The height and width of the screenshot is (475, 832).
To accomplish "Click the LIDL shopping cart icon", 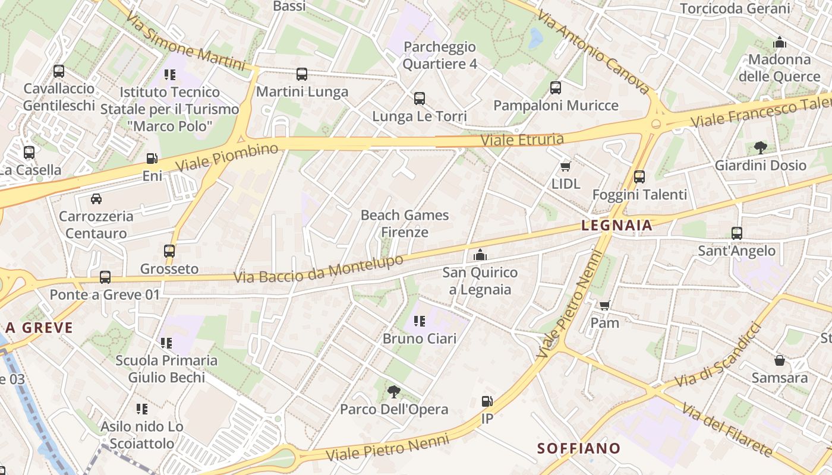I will pyautogui.click(x=565, y=167).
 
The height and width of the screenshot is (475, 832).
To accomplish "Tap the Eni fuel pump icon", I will pyautogui.click(x=152, y=159).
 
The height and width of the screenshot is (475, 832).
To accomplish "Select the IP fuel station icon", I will pyautogui.click(x=487, y=401).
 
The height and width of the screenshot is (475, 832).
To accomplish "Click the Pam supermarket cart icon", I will pyautogui.click(x=604, y=306).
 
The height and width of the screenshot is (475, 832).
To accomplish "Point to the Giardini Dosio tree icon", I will pyautogui.click(x=760, y=148).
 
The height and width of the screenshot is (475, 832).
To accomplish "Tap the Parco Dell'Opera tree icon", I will pyautogui.click(x=393, y=391).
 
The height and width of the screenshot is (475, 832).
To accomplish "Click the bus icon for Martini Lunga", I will pyautogui.click(x=302, y=74).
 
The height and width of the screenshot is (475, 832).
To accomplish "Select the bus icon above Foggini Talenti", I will pyautogui.click(x=639, y=177).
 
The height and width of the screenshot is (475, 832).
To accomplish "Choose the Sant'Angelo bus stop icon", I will pyautogui.click(x=737, y=233).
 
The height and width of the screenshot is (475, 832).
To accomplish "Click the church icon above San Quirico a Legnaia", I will pyautogui.click(x=480, y=255).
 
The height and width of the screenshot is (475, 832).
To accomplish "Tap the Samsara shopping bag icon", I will pyautogui.click(x=779, y=360).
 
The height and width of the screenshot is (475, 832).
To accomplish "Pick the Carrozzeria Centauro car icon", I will pyautogui.click(x=96, y=199).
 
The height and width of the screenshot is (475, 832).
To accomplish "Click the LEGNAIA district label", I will pyautogui.click(x=616, y=226).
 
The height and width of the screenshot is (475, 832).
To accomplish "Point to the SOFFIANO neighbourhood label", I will pyautogui.click(x=579, y=448).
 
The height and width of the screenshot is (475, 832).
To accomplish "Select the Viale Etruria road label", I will pyautogui.click(x=522, y=140).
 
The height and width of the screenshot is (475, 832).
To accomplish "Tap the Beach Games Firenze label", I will pyautogui.click(x=405, y=223).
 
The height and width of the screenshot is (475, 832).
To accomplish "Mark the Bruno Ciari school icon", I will pyautogui.click(x=420, y=321).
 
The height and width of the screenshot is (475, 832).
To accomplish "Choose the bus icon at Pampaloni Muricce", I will pyautogui.click(x=556, y=88).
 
